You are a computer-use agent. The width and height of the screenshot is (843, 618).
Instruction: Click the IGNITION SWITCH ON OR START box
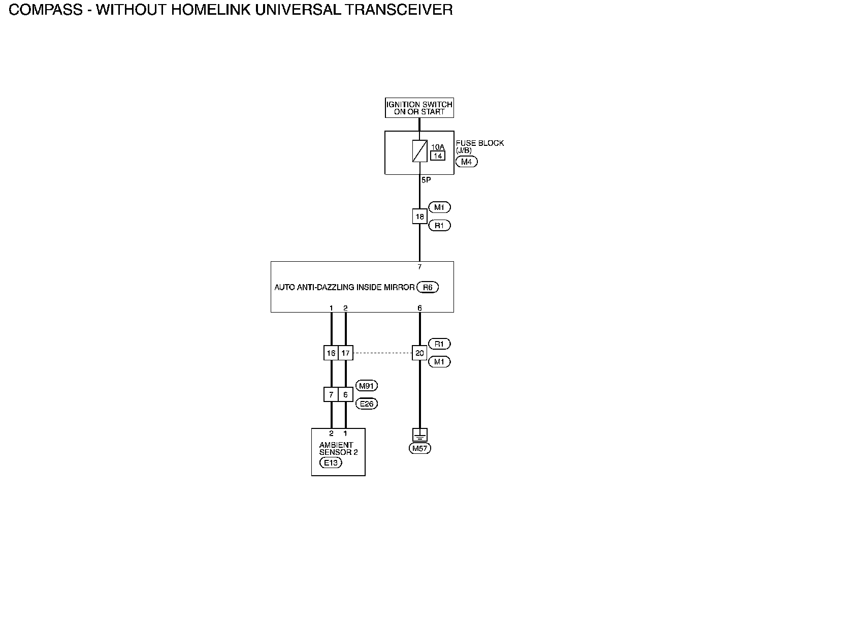tap(419, 108)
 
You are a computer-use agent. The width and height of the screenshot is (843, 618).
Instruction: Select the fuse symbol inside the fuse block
tap(419, 151)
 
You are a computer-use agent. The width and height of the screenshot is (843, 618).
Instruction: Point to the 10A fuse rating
tap(437, 147)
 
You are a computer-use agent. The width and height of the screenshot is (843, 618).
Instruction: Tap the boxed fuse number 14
tap(437, 156)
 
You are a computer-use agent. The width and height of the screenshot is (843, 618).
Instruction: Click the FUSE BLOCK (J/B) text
tap(479, 146)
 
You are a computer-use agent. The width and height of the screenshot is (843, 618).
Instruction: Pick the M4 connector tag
tap(466, 162)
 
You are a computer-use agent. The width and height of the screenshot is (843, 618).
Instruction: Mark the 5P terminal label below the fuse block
tap(426, 180)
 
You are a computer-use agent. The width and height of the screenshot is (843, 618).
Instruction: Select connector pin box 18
tap(419, 217)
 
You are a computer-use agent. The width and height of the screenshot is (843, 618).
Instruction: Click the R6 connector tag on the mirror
tap(428, 287)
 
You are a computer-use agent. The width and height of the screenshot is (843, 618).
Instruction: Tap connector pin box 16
tap(331, 353)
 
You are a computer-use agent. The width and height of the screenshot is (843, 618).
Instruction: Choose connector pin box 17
tap(345, 353)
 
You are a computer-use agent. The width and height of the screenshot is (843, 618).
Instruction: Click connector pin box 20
tap(419, 353)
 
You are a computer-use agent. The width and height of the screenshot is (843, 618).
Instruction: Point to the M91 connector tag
tap(366, 386)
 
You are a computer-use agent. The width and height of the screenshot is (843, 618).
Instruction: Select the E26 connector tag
tap(366, 404)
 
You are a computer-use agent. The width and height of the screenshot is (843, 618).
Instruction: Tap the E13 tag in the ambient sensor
tap(331, 462)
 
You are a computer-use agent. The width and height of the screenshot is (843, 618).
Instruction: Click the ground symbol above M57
tap(419, 435)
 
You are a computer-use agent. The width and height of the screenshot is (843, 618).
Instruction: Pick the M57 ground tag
tap(419, 448)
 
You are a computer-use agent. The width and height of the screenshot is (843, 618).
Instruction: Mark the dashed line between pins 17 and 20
tap(382, 353)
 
